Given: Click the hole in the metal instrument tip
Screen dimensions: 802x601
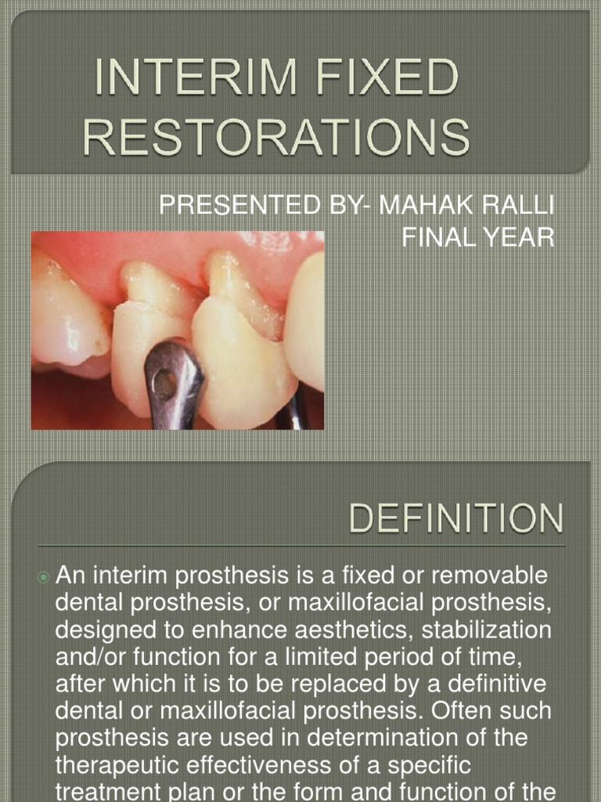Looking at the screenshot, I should (164, 383).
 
